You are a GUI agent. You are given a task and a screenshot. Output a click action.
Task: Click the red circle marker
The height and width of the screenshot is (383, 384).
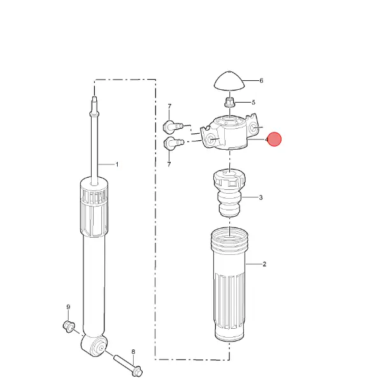(x=274, y=139)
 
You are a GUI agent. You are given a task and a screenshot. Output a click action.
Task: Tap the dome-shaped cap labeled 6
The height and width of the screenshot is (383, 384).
(x=229, y=81)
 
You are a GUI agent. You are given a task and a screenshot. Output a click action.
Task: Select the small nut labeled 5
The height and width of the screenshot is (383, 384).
(x=229, y=102)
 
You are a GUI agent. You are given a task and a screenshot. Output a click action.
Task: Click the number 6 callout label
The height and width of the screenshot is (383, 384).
(x=261, y=81)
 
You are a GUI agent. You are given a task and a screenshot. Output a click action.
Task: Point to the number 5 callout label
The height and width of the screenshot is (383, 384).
(x=253, y=103)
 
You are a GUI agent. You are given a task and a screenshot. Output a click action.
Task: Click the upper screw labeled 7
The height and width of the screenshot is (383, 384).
(x=173, y=126)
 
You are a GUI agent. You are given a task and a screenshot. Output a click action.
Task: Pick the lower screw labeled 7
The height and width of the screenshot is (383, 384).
(x=173, y=143)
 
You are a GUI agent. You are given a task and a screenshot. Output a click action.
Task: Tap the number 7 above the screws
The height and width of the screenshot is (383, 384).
(x=169, y=106)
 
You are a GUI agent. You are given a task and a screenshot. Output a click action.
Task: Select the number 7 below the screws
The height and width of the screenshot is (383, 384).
(x=169, y=164)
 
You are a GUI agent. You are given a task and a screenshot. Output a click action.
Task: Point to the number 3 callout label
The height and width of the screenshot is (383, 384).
(x=260, y=198)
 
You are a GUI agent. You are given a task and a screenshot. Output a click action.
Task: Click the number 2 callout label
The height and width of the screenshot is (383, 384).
(x=264, y=264)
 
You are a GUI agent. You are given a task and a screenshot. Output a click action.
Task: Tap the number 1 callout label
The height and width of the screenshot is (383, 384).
(x=117, y=164)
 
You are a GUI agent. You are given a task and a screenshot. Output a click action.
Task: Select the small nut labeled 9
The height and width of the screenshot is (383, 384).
(x=69, y=326)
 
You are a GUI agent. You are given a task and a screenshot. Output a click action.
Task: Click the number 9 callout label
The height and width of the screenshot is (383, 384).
(x=68, y=307)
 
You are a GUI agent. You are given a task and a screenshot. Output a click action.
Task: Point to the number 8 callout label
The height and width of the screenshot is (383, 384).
(x=133, y=352)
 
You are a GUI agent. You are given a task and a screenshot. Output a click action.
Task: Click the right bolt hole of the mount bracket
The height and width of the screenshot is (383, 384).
(x=253, y=127)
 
